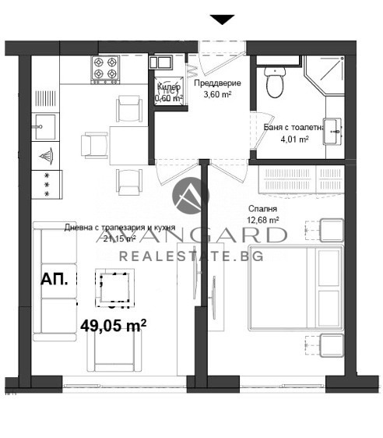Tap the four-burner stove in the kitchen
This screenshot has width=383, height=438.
107,69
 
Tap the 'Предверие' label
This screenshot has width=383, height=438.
222,83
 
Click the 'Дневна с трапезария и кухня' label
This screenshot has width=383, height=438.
120,228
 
